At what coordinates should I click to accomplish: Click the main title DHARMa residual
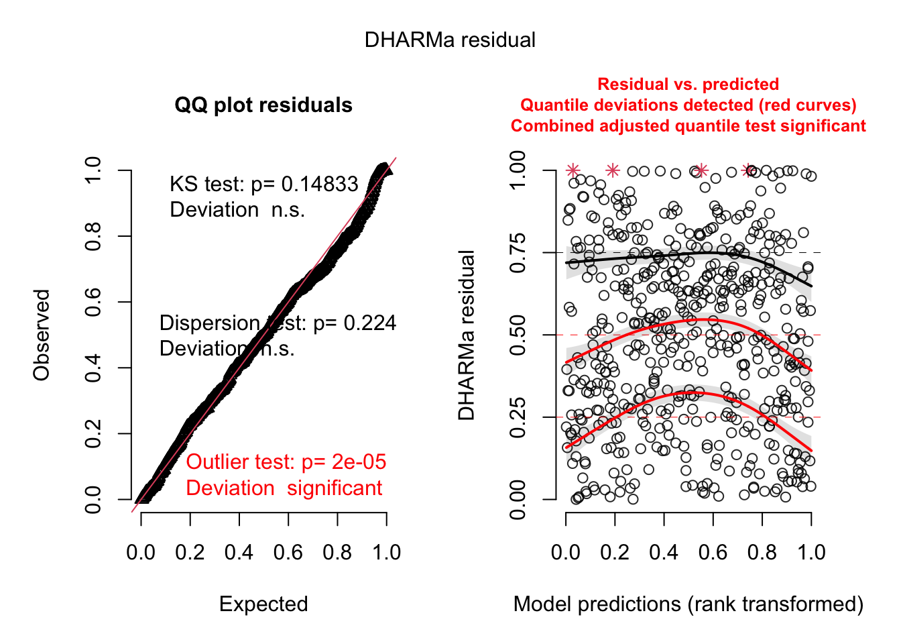[x=450, y=40]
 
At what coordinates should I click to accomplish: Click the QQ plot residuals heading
[x=263, y=105]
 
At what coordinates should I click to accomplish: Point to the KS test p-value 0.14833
[x=320, y=184]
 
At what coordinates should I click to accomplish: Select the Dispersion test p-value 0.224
[x=369, y=323]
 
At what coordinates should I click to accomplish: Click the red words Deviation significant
[x=284, y=488]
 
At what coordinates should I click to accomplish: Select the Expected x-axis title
[x=263, y=604]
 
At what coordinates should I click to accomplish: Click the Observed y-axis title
[x=42, y=335]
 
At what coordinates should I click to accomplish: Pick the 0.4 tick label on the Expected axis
[x=239, y=553]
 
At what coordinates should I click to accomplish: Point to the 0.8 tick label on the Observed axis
[x=93, y=236]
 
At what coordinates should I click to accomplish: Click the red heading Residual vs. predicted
[x=688, y=85]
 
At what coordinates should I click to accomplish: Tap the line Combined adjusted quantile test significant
[x=688, y=126]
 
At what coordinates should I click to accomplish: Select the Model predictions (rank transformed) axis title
[x=688, y=604]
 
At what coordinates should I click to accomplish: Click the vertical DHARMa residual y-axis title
[x=467, y=335]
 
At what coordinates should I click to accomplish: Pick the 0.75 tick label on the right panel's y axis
[x=518, y=253]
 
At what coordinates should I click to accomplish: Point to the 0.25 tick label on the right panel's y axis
[x=518, y=417]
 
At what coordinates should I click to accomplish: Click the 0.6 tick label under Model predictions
[x=713, y=553]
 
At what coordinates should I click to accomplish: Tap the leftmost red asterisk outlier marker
[x=573, y=170]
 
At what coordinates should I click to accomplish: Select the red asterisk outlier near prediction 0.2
[x=612, y=170]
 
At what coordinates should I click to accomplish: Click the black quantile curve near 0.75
[x=670, y=256]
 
